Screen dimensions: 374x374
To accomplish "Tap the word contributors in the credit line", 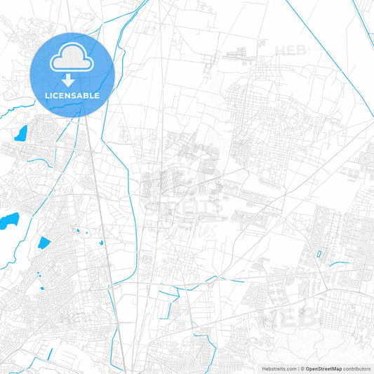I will click(x=356, y=368).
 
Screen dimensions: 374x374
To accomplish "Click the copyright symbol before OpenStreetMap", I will click(x=300, y=368).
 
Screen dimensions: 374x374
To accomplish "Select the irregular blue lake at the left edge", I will click(x=8, y=222).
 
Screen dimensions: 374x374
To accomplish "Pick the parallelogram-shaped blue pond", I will click(x=44, y=243).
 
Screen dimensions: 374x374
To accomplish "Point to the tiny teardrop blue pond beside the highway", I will click(x=102, y=242).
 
